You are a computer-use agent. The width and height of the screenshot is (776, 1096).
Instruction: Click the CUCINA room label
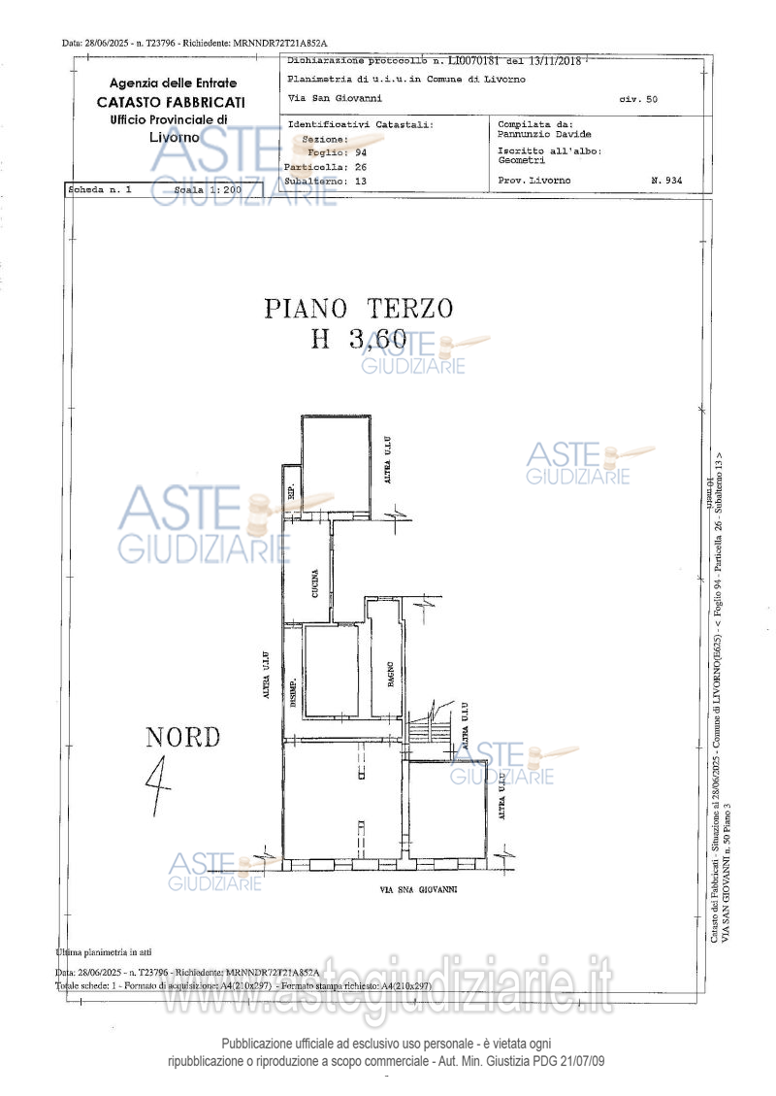tap(316, 581)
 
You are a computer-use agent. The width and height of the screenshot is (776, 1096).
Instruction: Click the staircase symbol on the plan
tap(430, 727)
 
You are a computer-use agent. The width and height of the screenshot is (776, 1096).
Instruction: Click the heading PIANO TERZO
tap(359, 309)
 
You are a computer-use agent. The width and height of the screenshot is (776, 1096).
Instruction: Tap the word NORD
tap(183, 738)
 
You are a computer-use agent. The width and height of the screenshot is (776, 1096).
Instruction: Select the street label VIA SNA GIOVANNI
tap(418, 888)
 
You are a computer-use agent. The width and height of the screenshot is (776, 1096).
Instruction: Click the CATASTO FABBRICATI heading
tap(171, 102)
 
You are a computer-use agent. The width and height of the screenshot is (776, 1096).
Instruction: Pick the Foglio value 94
tap(361, 153)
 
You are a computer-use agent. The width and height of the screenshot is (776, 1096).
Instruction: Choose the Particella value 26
tap(361, 167)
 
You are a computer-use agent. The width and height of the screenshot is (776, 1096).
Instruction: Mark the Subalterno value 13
tap(361, 181)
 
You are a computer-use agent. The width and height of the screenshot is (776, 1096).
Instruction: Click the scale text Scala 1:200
tap(208, 190)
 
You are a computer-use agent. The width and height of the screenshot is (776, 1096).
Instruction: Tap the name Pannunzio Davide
tap(543, 134)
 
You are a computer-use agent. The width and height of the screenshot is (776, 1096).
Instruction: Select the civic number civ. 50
tap(637, 99)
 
